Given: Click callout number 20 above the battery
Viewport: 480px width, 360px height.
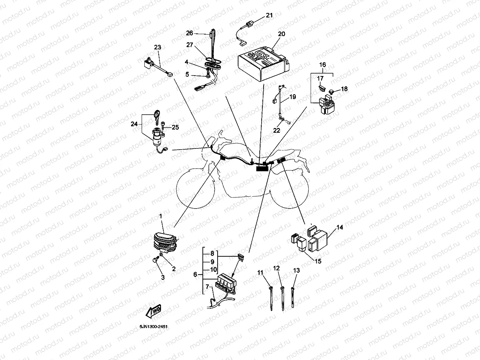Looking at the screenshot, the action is click(281, 34).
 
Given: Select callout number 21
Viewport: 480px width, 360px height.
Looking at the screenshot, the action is click(269, 16).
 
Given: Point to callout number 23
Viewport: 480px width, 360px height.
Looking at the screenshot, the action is click(157, 47).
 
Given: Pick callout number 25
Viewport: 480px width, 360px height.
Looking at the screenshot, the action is click(175, 127).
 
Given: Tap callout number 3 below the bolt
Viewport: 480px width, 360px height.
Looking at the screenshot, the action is click(163, 278).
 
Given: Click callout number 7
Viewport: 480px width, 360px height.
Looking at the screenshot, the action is click(207, 286).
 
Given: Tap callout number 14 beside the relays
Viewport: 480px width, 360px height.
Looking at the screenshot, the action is click(339, 227).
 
